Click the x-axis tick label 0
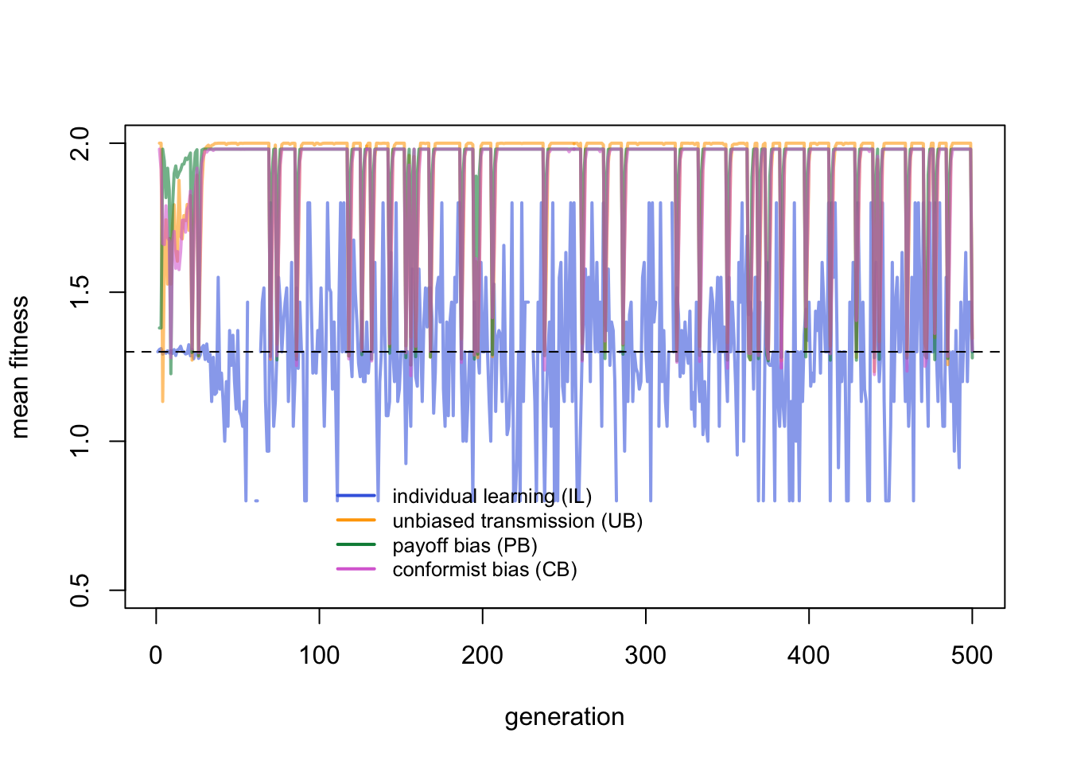click(x=156, y=656)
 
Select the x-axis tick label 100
click(x=319, y=656)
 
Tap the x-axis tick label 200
click(x=482, y=656)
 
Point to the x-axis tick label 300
click(x=645, y=656)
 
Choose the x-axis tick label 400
click(x=809, y=656)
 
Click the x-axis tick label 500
click(x=972, y=656)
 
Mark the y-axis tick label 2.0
click(x=80, y=143)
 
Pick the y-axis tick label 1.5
click(x=80, y=292)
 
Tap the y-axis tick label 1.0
click(x=80, y=441)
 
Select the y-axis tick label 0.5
click(x=80, y=590)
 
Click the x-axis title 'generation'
click(x=565, y=717)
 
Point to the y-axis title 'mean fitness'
click(x=20, y=367)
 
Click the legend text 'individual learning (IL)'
click(x=492, y=497)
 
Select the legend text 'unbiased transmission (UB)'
click(x=518, y=521)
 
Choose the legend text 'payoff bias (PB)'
click(x=465, y=546)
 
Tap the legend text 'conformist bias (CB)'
click(x=485, y=570)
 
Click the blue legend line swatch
click(x=356, y=496)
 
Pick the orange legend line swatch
click(x=356, y=520)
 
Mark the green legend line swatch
click(x=356, y=545)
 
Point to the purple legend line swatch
click(x=356, y=569)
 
